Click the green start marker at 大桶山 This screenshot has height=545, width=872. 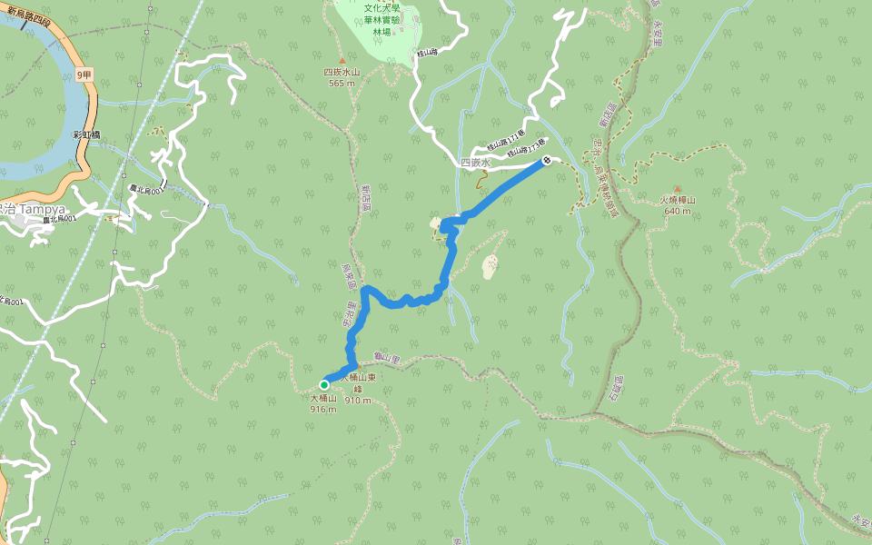pyautogui.click(x=324, y=384)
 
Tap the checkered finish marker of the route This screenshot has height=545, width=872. pyautogui.click(x=548, y=161)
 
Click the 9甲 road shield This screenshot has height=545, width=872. pyautogui.click(x=84, y=74)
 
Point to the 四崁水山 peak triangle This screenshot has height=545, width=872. pyautogui.click(x=342, y=60)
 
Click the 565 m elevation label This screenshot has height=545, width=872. pyautogui.click(x=342, y=84)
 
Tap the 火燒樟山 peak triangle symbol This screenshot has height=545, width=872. pyautogui.click(x=677, y=188)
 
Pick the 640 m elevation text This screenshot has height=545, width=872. pyautogui.click(x=677, y=211)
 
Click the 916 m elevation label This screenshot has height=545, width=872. pyautogui.click(x=323, y=409)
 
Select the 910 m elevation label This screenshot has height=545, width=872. pyautogui.click(x=358, y=400)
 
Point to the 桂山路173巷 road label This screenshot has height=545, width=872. pyautogui.click(x=527, y=147)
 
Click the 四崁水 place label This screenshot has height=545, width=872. pyautogui.click(x=475, y=163)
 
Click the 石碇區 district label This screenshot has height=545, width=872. pyautogui.click(x=619, y=390)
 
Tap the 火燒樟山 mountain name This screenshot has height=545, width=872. pyautogui.click(x=678, y=200)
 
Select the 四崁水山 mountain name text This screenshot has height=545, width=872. pyautogui.click(x=342, y=73)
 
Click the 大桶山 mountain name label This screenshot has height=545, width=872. pyautogui.click(x=323, y=398)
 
